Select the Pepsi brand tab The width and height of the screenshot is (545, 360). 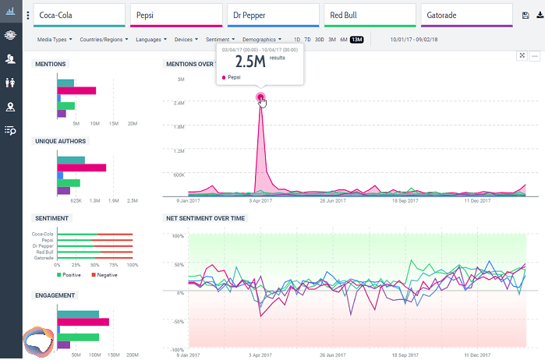pyautogui.click(x=175, y=15)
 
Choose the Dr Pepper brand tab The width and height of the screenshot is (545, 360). pyautogui.click(x=272, y=15)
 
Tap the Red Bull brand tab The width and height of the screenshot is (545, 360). pyautogui.click(x=369, y=15)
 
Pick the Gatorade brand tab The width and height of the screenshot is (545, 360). pyautogui.click(x=466, y=15)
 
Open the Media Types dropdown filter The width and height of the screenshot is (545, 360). pyautogui.click(x=55, y=39)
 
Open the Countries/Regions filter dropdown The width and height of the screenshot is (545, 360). pyautogui.click(x=106, y=39)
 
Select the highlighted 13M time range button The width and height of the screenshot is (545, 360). pyautogui.click(x=356, y=39)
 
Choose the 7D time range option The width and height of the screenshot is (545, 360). pyautogui.click(x=308, y=39)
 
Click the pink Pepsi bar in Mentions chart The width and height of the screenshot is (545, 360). pyautogui.click(x=76, y=90)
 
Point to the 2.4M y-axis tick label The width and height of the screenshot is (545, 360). pyautogui.click(x=179, y=103)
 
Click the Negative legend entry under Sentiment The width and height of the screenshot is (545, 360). pyautogui.click(x=104, y=274)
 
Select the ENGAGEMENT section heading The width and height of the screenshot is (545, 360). pyautogui.click(x=55, y=295)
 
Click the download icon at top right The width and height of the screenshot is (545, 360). pyautogui.click(x=539, y=15)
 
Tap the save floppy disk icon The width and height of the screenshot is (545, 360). pyautogui.click(x=525, y=15)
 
